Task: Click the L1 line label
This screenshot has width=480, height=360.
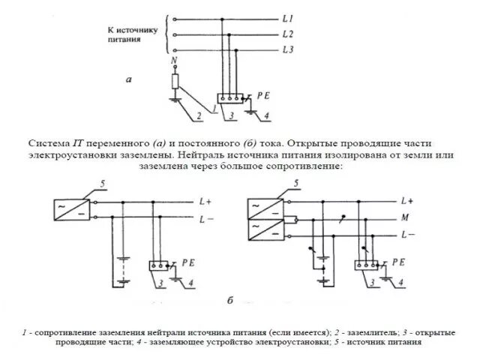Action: click(289, 17)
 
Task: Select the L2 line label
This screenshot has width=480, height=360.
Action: click(289, 34)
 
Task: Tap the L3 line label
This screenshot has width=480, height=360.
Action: click(289, 49)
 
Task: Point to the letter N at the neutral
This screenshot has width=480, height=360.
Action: click(175, 60)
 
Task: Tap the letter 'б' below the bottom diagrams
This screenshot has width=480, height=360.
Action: click(231, 301)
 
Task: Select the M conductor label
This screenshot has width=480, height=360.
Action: click(406, 218)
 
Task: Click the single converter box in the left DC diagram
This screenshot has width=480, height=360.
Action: click(70, 209)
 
